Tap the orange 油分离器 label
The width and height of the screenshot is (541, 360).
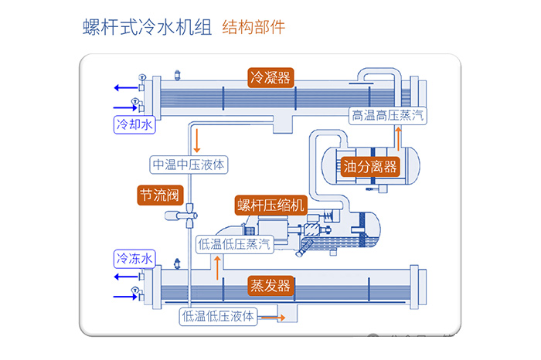click(369, 165)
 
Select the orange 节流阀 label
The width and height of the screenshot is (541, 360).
click(159, 195)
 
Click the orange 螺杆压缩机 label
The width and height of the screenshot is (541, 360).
click(271, 205)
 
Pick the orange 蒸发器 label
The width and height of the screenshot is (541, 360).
click(270, 285)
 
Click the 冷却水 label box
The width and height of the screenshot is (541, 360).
click(134, 123)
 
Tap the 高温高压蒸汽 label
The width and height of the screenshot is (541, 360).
click(387, 116)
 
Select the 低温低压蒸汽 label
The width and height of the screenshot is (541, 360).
click(234, 243)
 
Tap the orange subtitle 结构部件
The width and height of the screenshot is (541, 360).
click(253, 28)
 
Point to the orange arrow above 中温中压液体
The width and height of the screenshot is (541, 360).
click(198, 139)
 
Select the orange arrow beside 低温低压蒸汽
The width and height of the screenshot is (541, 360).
click(218, 267)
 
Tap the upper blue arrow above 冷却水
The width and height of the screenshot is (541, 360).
click(124, 87)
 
